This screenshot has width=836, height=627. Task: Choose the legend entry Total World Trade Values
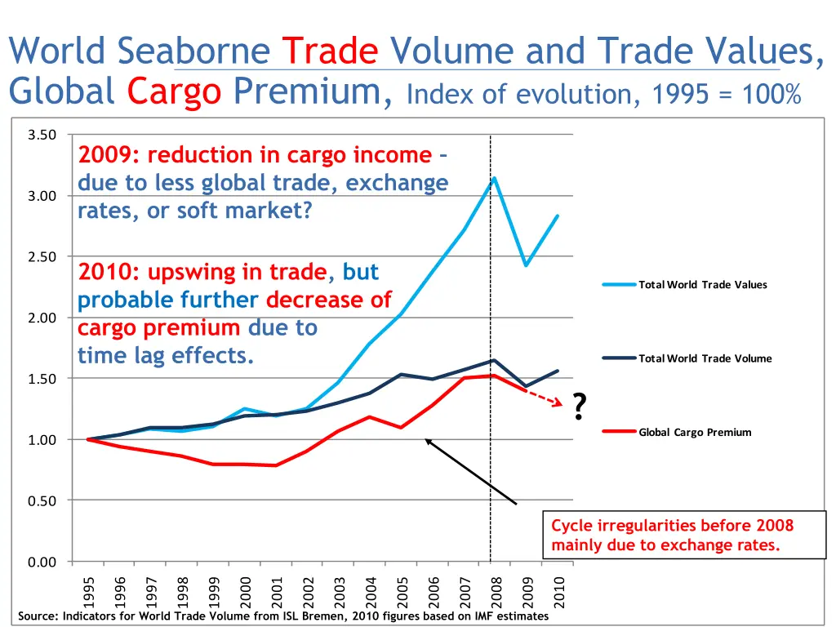click(x=702, y=285)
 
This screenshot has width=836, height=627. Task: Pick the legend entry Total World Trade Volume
click(x=705, y=358)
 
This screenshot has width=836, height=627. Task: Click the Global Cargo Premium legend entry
click(x=695, y=432)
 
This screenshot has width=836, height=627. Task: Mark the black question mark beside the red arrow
click(x=579, y=406)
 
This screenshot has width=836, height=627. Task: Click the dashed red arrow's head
click(x=560, y=402)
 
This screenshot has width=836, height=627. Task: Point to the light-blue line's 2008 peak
click(x=494, y=178)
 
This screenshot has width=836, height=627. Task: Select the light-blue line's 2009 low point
click(x=526, y=265)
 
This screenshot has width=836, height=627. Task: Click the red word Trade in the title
click(x=331, y=53)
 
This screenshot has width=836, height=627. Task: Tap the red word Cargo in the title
click(x=174, y=91)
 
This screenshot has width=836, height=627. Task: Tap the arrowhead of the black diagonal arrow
click(x=427, y=441)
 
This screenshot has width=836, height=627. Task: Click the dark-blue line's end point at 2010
click(x=558, y=371)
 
